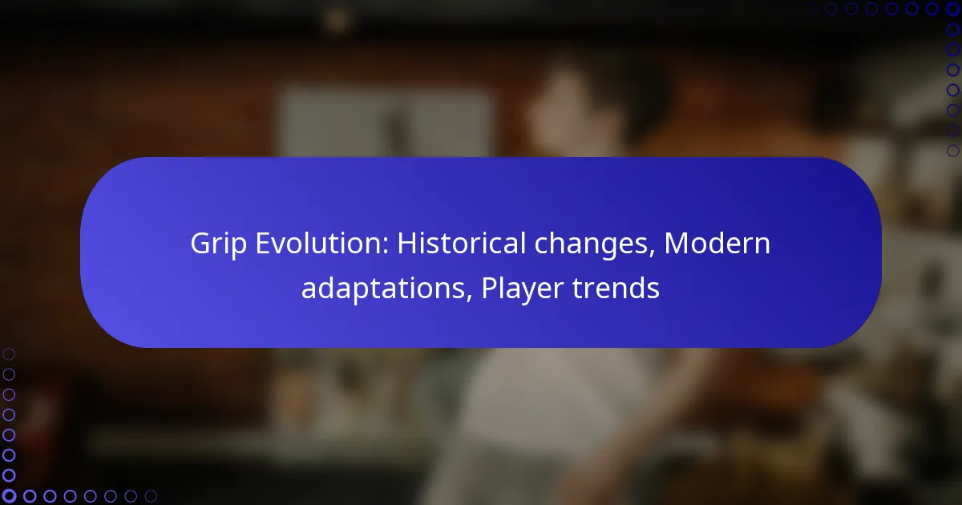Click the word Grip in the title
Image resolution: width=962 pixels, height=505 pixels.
point(218,244)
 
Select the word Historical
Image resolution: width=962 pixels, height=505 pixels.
point(462,243)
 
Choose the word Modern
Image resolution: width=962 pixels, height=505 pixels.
point(717,243)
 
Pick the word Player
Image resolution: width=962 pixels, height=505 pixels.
point(522,289)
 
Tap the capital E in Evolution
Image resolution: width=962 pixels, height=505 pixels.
point(263,244)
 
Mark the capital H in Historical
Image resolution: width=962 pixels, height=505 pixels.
point(407,244)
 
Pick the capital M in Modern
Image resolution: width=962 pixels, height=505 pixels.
point(677,244)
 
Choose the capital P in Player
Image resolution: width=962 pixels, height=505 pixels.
point(489,288)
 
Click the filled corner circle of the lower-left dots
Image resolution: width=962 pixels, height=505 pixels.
point(9,496)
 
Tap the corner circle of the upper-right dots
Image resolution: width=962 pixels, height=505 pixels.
point(952,9)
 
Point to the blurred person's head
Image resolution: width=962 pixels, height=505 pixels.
point(571,103)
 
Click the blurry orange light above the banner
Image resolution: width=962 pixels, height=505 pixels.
point(338,20)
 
